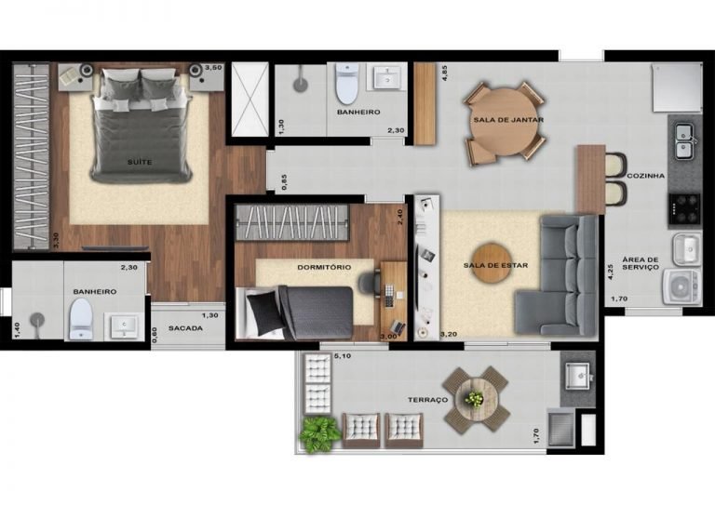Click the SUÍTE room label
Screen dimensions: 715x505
point(140,162)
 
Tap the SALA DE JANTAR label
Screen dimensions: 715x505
point(508,120)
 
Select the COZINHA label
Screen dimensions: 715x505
point(646,176)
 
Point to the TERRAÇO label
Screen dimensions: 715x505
point(427,400)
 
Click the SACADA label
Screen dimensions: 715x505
point(185,328)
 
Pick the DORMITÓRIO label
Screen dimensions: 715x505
point(324,267)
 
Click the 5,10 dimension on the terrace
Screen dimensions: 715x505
point(343,356)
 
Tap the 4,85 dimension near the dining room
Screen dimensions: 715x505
point(445,73)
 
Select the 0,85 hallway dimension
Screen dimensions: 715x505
point(285,181)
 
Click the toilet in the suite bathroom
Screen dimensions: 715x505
point(81,319)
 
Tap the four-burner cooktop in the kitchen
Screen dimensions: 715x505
point(684,208)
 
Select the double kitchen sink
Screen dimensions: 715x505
point(684,141)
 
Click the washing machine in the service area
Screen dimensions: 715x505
point(681,286)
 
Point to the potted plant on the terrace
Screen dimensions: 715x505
point(319,434)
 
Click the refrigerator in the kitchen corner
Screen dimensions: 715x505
point(677,87)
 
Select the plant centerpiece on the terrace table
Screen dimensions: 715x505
point(475,399)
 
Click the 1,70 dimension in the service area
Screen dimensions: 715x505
point(619,299)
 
